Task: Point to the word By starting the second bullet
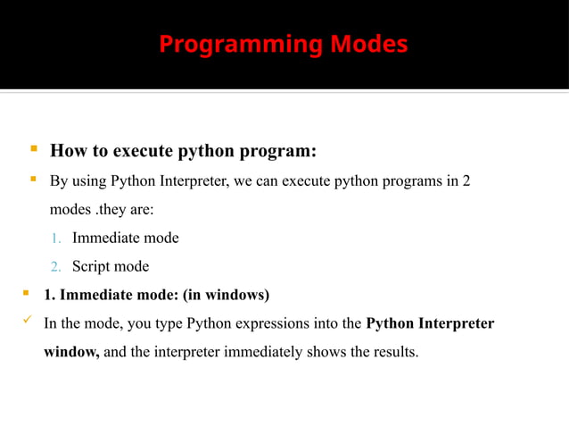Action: click(58, 181)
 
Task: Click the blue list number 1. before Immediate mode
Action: click(54, 239)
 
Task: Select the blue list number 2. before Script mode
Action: click(54, 267)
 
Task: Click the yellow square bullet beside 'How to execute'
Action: click(32, 147)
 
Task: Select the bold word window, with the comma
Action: click(71, 352)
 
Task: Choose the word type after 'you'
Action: click(149, 323)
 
